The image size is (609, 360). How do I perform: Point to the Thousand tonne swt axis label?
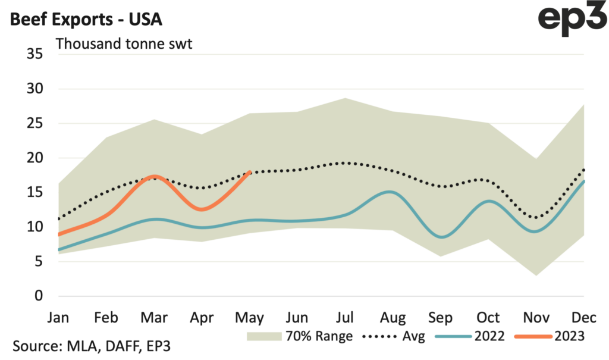coord(124,43)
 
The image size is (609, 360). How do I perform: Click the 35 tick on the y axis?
coord(36,55)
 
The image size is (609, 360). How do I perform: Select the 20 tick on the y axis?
coord(36,158)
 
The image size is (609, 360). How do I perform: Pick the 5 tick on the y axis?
coord(39,262)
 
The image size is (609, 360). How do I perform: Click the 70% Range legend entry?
coord(300,336)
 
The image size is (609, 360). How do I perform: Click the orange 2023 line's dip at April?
coord(202,209)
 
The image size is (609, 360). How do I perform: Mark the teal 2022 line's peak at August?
coord(388,192)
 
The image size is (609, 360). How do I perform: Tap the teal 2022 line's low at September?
coord(441,237)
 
